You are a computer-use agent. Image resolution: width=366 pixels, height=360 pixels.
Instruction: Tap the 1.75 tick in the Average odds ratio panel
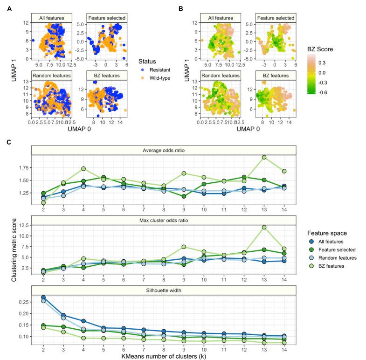[23, 167]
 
